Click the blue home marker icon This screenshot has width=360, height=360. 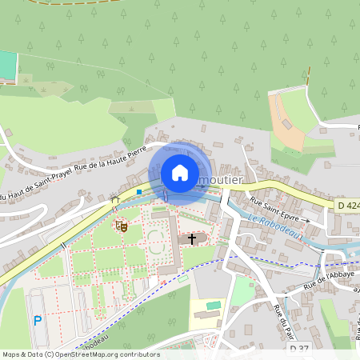[180, 173]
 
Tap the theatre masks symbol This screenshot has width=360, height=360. [122, 226]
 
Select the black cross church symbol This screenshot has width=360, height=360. [192, 238]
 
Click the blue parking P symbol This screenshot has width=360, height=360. [38, 321]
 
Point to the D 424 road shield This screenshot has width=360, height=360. [348, 206]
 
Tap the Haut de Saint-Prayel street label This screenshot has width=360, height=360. [36, 185]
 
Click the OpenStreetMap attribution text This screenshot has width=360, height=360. [81, 354]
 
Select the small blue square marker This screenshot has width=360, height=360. [139, 192]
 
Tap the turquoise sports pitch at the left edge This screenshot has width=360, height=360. [7, 66]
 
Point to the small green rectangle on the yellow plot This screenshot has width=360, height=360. [213, 305]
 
